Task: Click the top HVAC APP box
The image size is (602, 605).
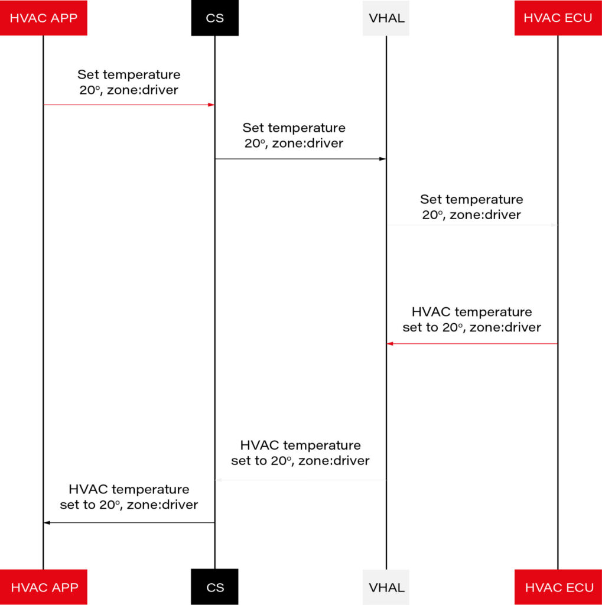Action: point(44,18)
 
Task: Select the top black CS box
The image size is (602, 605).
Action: point(214,18)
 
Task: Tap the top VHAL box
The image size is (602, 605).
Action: point(386,18)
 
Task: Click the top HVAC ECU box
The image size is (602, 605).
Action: point(558,18)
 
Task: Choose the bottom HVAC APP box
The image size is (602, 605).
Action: point(44,587)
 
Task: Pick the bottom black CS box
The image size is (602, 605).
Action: point(214,587)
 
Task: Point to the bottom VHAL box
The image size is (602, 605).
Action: point(386,587)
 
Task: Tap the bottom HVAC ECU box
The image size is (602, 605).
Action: point(558,587)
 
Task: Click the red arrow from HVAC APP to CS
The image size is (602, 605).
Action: point(129,105)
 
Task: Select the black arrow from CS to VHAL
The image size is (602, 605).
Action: point(300,159)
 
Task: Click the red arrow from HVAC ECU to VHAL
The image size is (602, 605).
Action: point(472,343)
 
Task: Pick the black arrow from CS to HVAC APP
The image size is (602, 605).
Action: point(129,522)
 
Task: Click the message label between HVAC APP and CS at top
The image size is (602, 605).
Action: point(129,83)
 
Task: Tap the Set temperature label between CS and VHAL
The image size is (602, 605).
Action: point(294,135)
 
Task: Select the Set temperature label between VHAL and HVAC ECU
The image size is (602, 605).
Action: point(471,207)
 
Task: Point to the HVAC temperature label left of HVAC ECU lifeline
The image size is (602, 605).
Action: point(471,319)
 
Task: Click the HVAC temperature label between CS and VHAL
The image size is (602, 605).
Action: point(300,453)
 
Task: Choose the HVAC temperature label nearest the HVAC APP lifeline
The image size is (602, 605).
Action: point(129,497)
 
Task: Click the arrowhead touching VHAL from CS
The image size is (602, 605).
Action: point(382,159)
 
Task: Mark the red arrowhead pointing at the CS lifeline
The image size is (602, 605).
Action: point(211,105)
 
